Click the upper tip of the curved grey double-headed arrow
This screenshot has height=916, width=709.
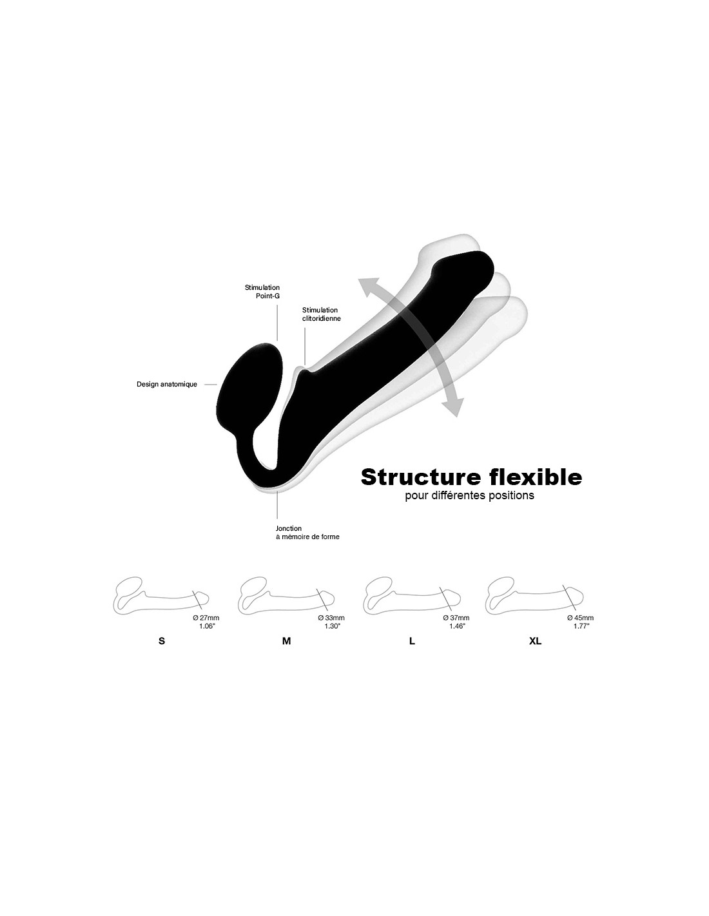pos(359,279)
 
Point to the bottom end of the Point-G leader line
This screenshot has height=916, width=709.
pos(277,340)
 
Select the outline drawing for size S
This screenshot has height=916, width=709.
pos(161,595)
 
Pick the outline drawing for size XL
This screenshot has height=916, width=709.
pos(534,595)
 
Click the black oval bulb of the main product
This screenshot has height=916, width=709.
pos(249,380)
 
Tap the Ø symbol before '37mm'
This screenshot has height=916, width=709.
pos(445,618)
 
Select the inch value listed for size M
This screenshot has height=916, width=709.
pos(333,626)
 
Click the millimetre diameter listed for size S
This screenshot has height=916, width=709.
pos(209,618)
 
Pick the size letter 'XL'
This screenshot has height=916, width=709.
pos(535,641)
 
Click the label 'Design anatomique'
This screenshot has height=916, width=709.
pos(166,385)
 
